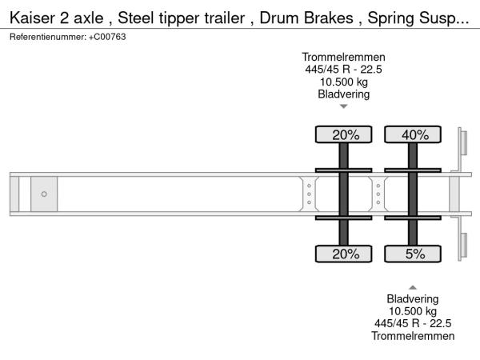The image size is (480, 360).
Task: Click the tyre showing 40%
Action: click(413, 134)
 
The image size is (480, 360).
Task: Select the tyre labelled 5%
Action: click(413, 254)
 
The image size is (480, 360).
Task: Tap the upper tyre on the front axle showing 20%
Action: click(343, 134)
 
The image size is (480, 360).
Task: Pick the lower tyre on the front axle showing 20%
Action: click(343, 254)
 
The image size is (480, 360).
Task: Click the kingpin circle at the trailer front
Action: click(44, 194)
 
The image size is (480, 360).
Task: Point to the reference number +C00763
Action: click(107, 37)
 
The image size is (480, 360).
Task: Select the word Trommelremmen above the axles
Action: click(343, 57)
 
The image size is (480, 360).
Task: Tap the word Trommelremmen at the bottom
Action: click(413, 336)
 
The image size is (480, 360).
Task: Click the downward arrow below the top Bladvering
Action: click(344, 106)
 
